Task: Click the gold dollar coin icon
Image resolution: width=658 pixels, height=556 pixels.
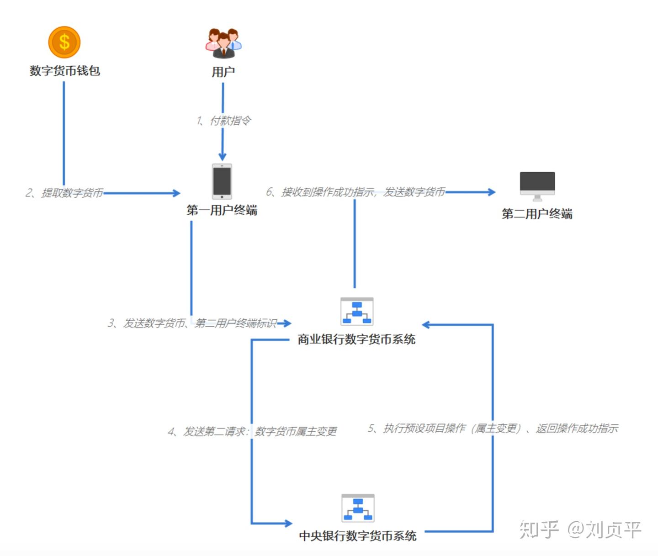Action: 64,42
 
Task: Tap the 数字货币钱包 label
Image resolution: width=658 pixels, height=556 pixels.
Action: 64,71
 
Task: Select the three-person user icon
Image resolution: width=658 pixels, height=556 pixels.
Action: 223,43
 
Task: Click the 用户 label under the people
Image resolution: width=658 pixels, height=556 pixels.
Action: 223,72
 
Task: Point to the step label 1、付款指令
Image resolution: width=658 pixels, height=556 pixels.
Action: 223,121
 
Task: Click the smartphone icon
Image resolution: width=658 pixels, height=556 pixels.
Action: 222,181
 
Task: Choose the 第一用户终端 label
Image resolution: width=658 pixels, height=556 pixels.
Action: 222,210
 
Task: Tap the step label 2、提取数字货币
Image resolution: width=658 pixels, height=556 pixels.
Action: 64,193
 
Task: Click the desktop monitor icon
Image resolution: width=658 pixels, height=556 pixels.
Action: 537,185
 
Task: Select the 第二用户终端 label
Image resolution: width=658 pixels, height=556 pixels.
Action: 537,214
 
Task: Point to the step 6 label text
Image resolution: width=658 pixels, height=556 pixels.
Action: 356,192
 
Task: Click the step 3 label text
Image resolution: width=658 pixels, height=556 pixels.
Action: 192,323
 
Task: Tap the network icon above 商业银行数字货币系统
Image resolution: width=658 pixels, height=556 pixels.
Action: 357,312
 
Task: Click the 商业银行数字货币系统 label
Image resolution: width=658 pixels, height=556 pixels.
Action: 356,339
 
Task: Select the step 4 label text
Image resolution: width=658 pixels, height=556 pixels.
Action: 252,431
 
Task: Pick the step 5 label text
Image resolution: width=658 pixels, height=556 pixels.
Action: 493,429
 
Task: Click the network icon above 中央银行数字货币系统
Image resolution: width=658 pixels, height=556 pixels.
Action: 358,508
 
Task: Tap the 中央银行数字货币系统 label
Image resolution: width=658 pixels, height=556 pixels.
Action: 357,536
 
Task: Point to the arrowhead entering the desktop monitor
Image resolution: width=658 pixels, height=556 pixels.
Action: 492,192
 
